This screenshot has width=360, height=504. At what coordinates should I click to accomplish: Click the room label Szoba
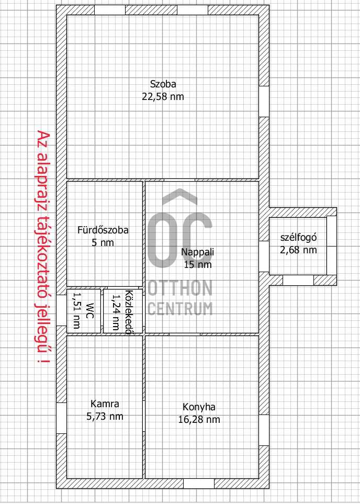(163, 84)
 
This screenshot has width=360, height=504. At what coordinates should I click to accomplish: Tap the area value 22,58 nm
(163, 97)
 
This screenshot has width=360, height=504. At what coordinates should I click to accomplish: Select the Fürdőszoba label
(103, 230)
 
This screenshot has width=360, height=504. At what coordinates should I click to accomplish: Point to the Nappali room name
(197, 252)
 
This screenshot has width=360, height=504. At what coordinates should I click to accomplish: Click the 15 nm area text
(198, 264)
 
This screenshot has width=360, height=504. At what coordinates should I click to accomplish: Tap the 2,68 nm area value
(299, 250)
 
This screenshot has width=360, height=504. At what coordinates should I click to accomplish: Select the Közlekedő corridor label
(129, 312)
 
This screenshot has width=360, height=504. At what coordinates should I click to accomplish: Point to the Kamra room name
(105, 404)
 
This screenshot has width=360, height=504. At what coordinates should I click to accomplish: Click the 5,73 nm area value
(105, 417)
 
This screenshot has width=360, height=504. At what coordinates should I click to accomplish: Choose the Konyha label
(199, 407)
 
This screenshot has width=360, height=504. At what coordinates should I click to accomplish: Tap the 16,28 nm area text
(199, 419)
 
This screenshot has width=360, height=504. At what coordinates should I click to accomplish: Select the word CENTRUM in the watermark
(180, 309)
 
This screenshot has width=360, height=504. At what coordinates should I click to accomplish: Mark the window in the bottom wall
(199, 484)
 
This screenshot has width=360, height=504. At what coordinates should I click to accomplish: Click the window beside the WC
(61, 310)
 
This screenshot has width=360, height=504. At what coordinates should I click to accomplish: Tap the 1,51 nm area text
(77, 311)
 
